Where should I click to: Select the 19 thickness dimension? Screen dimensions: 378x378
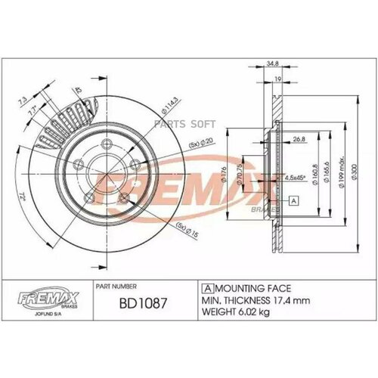coord(278,78)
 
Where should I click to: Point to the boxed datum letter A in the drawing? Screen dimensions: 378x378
coord(292,201)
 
